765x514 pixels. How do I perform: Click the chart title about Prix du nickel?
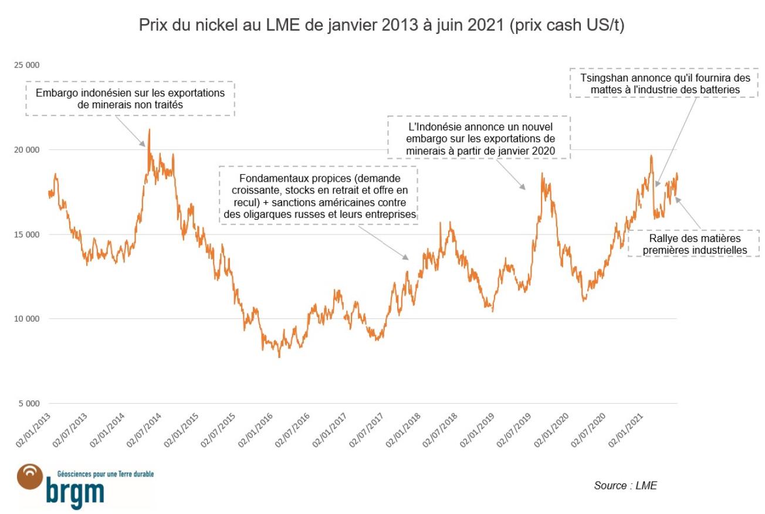pos(381,26)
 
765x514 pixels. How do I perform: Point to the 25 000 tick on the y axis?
pos(28,65)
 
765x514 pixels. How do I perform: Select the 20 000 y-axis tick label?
pos(28,150)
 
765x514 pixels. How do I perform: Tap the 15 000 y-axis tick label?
pos(28,234)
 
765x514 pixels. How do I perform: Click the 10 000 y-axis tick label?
pos(28,319)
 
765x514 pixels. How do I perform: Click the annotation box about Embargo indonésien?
pos(130,98)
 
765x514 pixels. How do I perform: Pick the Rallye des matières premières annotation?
pos(693,244)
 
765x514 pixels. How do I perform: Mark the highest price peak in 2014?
pos(149,130)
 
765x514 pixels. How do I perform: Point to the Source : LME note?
pos(625,485)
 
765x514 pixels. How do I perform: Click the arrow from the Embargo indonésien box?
pos(129,131)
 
